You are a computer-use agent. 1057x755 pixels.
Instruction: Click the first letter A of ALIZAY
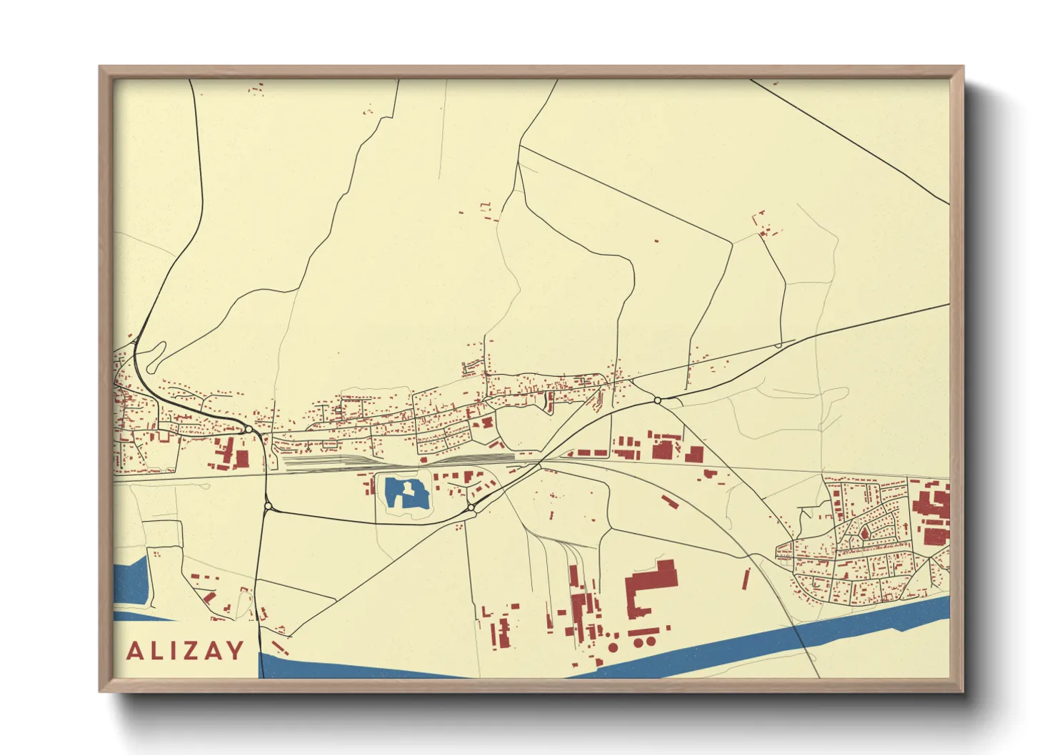(135, 651)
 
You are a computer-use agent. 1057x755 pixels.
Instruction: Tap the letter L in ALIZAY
(157, 651)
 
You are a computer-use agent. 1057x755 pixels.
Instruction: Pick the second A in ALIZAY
(214, 651)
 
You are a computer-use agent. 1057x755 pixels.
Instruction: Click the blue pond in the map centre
(396, 492)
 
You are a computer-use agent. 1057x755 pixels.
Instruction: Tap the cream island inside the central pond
(408, 492)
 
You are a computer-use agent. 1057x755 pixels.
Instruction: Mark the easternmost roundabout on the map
(657, 401)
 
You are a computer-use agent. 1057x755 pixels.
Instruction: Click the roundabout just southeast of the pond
(471, 507)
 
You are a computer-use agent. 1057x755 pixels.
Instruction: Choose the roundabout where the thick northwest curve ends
(248, 430)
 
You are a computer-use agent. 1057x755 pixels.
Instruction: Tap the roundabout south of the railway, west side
(269, 506)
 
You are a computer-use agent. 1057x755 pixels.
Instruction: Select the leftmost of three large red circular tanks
(613, 647)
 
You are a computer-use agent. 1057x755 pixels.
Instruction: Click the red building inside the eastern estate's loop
(865, 532)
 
